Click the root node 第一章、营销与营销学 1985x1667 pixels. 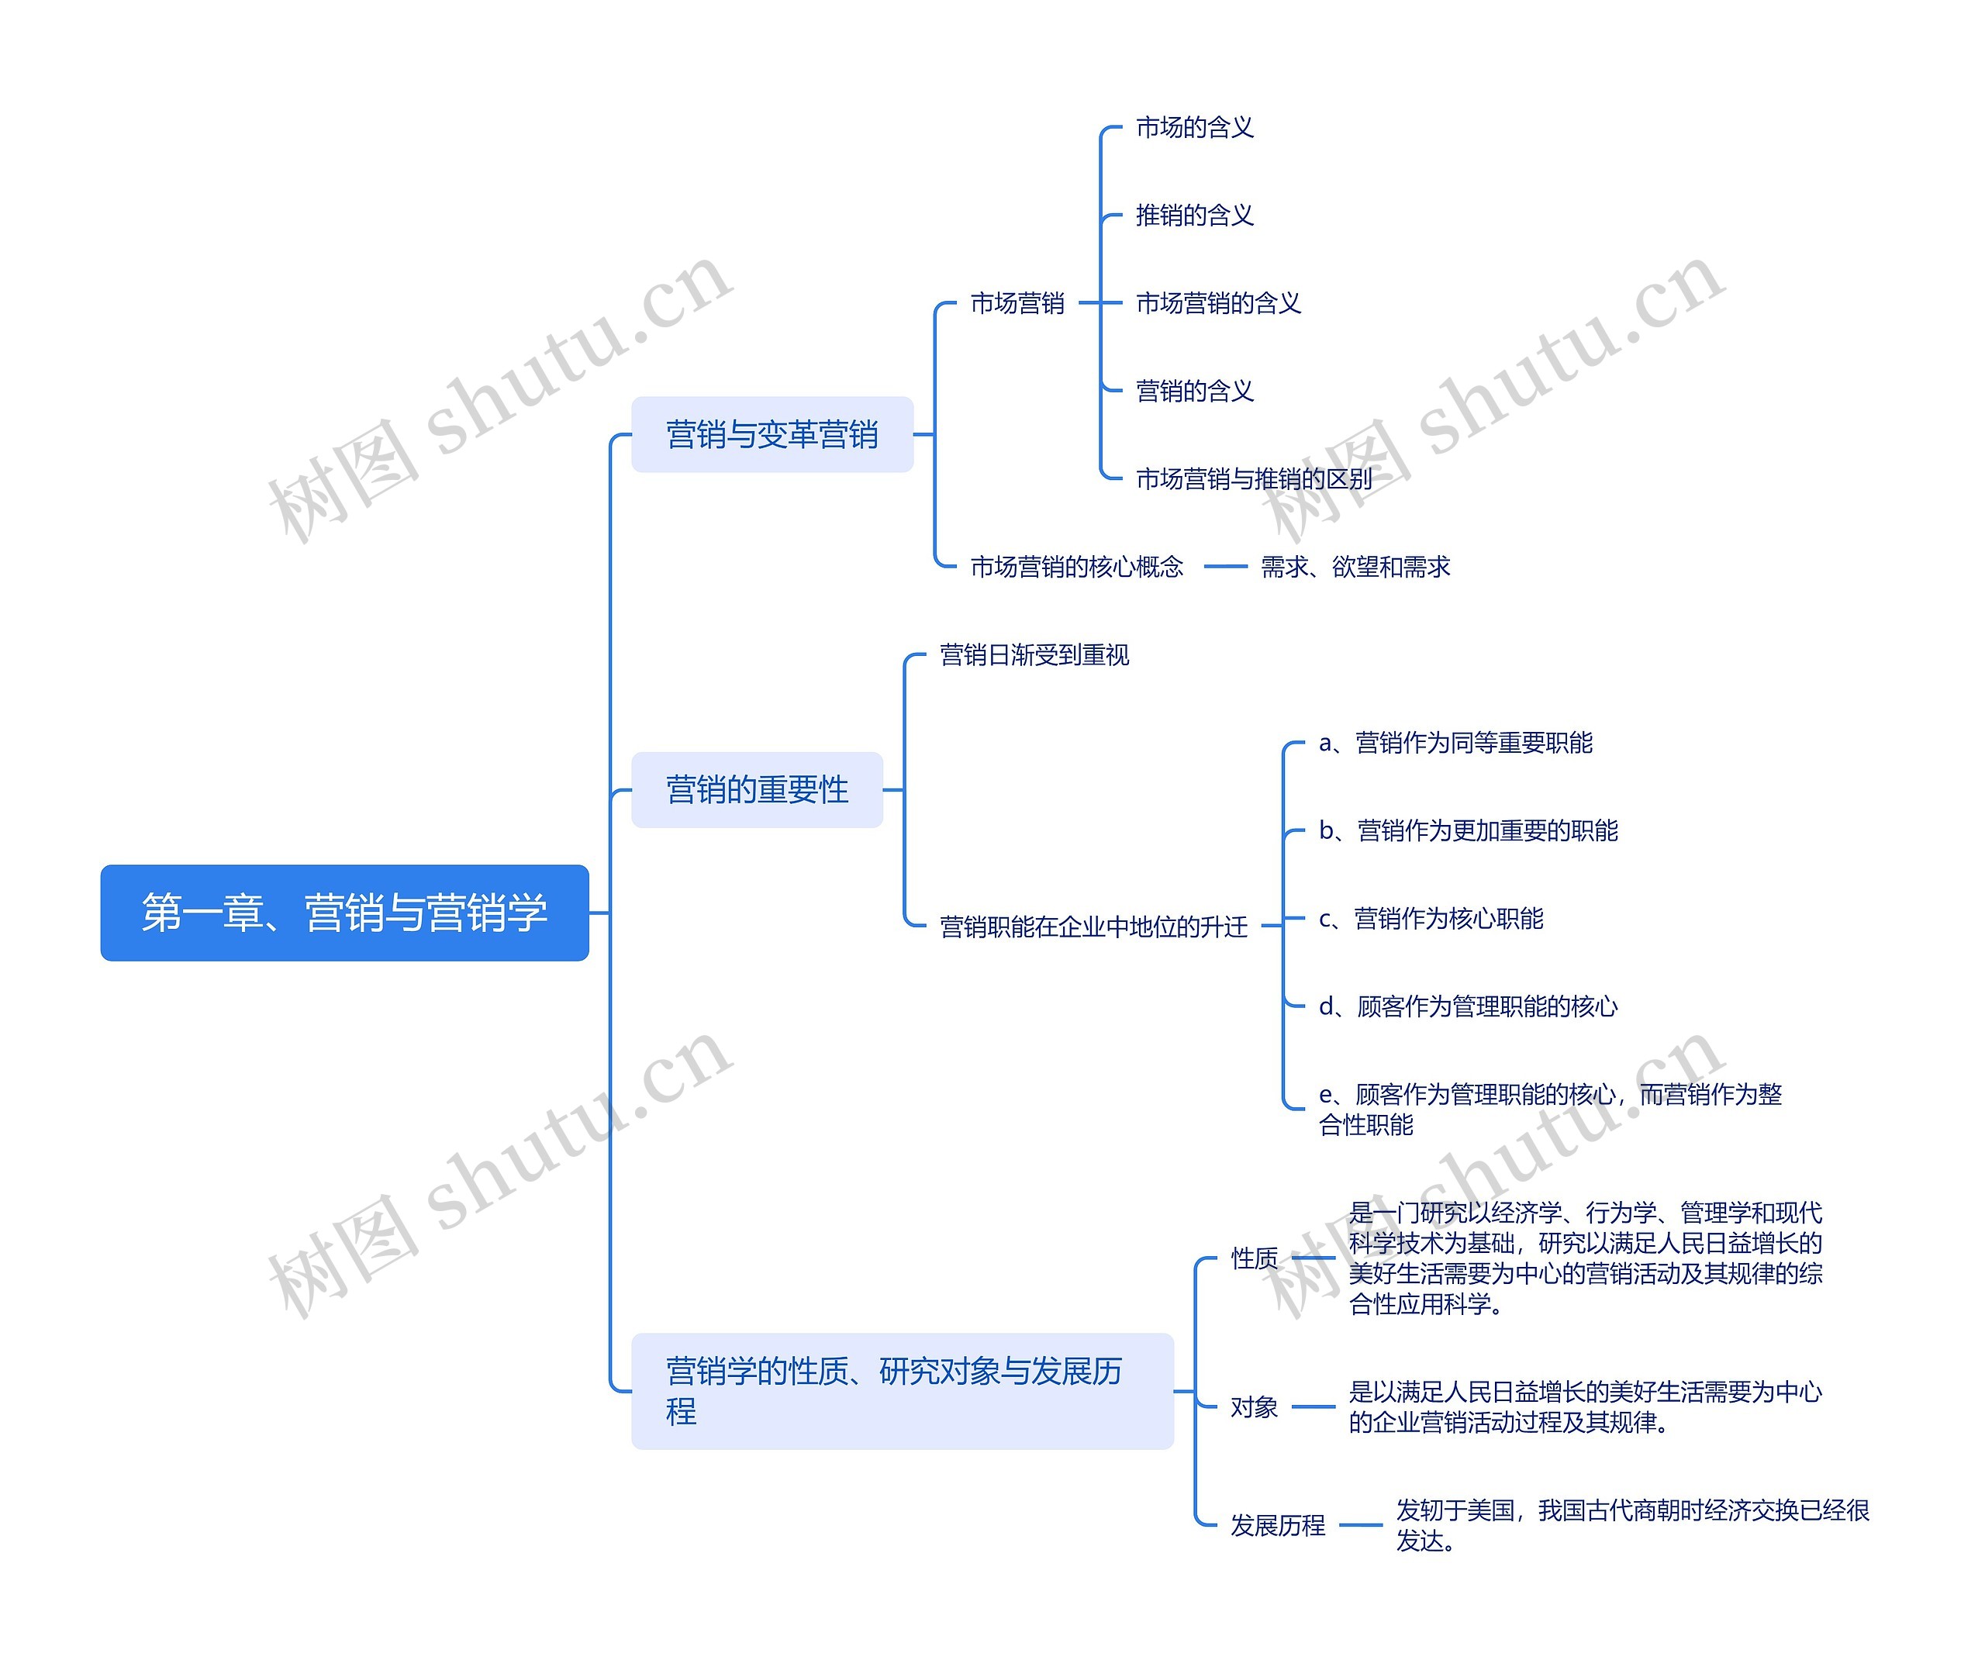[344, 913]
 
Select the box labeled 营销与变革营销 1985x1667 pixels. [772, 435]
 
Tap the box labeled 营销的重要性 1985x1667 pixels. [756, 790]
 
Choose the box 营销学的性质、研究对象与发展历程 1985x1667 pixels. [901, 1391]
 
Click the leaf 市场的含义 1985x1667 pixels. [1194, 128]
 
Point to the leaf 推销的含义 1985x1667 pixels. [1194, 216]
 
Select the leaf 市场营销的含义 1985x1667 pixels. [1217, 303]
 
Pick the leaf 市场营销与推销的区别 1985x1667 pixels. [1253, 479]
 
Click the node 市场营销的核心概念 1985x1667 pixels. [1075, 567]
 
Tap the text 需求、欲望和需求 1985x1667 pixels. [1355, 567]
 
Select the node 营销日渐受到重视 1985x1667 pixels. [1034, 655]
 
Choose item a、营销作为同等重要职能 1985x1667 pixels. [1455, 743]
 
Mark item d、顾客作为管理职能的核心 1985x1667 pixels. [1467, 1006]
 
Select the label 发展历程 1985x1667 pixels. [1277, 1525]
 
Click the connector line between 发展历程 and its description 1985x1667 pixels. [1360, 1525]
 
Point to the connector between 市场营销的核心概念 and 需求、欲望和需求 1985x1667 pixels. [1225, 567]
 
